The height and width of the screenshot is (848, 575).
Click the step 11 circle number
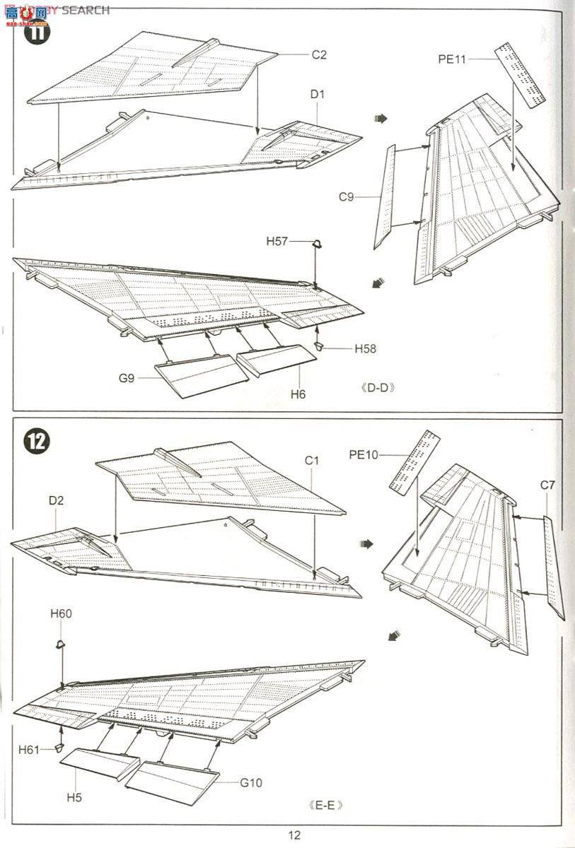point(37,31)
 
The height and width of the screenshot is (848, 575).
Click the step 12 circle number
point(37,441)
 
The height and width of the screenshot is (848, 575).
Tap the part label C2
point(319,54)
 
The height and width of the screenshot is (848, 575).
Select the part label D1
point(317,94)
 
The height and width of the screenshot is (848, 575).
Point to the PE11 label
point(452,59)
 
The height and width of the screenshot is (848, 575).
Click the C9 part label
point(346,197)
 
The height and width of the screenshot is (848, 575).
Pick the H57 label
point(277,241)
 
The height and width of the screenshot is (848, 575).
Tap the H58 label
point(366,348)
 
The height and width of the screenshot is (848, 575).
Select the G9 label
point(127,378)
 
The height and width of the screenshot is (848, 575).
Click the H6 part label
point(298,394)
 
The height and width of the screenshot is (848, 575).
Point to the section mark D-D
point(376,387)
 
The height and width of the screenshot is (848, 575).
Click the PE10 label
point(364,454)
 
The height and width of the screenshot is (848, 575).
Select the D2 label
point(57,500)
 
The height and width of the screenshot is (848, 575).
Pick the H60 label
point(61,613)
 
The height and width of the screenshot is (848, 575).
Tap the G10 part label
point(250,782)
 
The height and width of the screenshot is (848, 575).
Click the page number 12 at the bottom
point(294,835)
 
